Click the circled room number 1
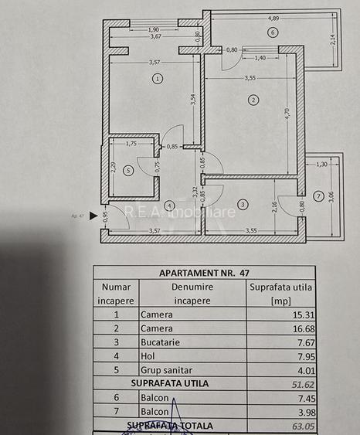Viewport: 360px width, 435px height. [x=158, y=78]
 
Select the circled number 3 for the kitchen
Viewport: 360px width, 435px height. [x=243, y=204]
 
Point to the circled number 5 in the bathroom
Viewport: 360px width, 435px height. [x=128, y=170]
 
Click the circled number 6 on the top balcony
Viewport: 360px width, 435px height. [x=272, y=32]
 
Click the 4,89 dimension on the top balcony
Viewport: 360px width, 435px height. [x=273, y=18]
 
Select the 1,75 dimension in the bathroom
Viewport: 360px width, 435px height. [x=131, y=144]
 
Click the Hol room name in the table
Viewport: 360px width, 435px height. [x=148, y=356]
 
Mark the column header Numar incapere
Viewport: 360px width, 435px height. [x=117, y=293]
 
